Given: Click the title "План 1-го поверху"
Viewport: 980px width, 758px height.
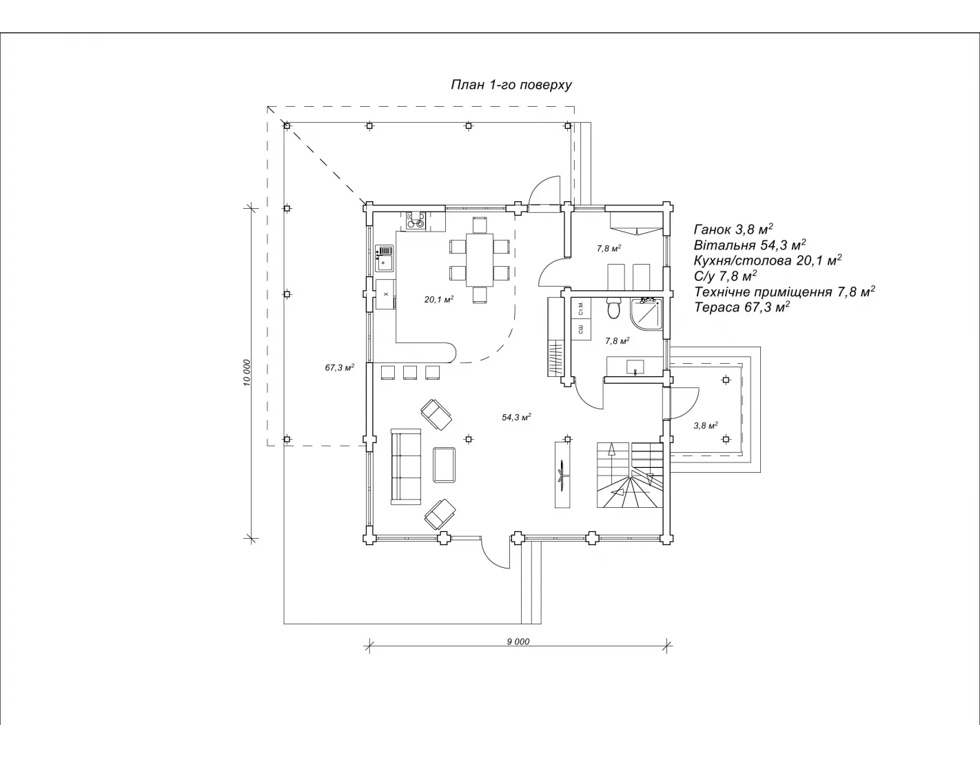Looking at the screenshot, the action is coord(511,85).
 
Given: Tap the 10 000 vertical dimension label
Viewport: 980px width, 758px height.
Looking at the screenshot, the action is coord(246,373).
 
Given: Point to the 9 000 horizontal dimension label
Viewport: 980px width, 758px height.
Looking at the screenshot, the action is coord(518,642).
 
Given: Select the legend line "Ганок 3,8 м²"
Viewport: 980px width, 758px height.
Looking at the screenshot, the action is coord(734,229).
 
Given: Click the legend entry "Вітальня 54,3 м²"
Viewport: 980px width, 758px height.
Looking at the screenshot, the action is coord(750,245).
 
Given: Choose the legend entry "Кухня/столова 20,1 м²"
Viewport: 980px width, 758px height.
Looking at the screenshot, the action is coord(768,260).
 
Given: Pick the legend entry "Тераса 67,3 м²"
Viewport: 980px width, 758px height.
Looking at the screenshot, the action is coord(742,307).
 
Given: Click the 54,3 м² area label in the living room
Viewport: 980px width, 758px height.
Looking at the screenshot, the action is coord(516,417).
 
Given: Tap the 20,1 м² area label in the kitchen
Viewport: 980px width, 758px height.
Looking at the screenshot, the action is coord(439,299).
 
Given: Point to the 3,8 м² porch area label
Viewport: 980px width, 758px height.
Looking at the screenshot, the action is coord(705,425).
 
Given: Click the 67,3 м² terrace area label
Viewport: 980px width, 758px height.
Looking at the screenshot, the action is coord(340,367).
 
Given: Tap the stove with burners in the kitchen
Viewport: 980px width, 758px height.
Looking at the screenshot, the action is coord(416,221).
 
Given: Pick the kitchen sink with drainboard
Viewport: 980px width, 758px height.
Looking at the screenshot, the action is coord(385,258).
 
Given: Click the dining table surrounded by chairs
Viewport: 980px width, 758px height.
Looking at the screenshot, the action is coord(480,259).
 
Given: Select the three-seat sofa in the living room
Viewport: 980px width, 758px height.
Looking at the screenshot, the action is coord(406,467).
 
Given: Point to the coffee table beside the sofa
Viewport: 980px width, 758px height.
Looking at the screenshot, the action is coord(445,464).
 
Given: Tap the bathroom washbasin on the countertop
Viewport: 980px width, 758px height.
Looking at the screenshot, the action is coord(635,367).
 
